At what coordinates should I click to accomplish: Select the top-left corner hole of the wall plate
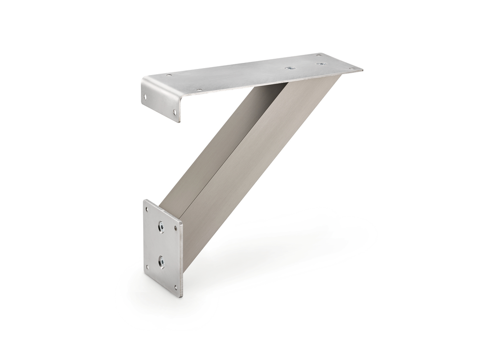pyautogui.click(x=149, y=209)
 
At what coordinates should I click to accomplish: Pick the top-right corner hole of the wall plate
pyautogui.click(x=176, y=229)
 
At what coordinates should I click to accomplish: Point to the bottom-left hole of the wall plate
pyautogui.click(x=148, y=267)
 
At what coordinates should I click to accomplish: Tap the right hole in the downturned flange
pyautogui.click(x=175, y=112)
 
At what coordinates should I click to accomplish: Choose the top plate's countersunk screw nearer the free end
pyautogui.click(x=321, y=64)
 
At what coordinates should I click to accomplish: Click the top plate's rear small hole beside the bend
pyautogui.click(x=169, y=75)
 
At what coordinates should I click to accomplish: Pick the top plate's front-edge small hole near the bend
pyautogui.click(x=199, y=90)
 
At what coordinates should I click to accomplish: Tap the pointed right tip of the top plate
pyautogui.click(x=362, y=70)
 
